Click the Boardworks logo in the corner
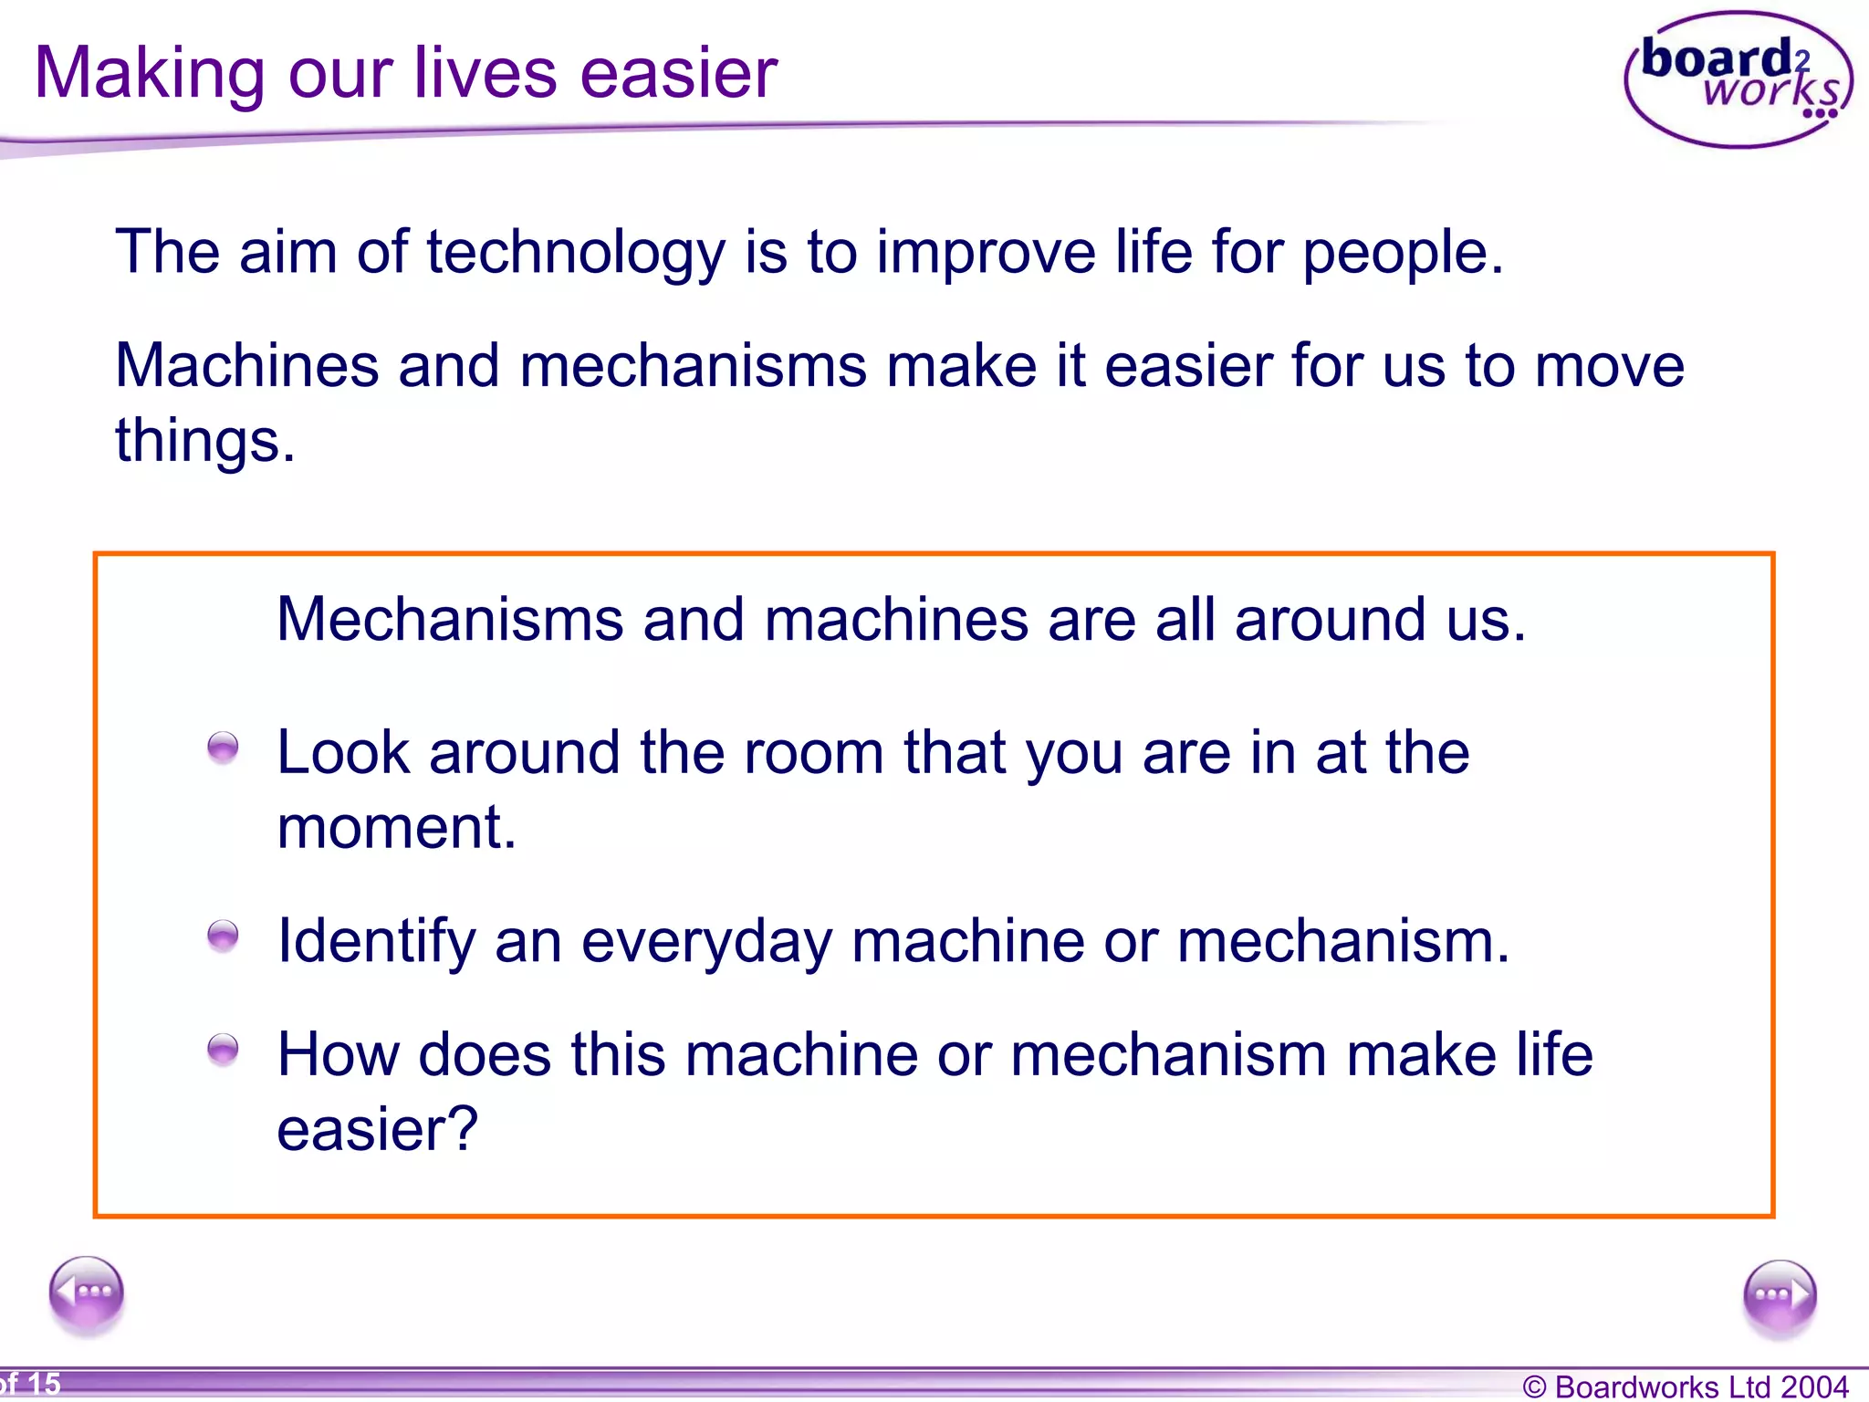[x=1738, y=80]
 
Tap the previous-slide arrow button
[x=87, y=1293]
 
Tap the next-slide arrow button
[x=1779, y=1295]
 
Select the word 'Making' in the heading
[x=149, y=75]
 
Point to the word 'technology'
[x=575, y=253]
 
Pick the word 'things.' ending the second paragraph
[x=204, y=442]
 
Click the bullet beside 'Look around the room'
[x=223, y=748]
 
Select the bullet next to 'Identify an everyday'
[x=223, y=936]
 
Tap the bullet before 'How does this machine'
[x=223, y=1050]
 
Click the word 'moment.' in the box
[x=396, y=828]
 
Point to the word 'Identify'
[x=375, y=942]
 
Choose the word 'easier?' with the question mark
[x=377, y=1131]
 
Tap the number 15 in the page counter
[x=44, y=1384]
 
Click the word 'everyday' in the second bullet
[x=706, y=942]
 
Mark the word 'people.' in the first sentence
[x=1403, y=253]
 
